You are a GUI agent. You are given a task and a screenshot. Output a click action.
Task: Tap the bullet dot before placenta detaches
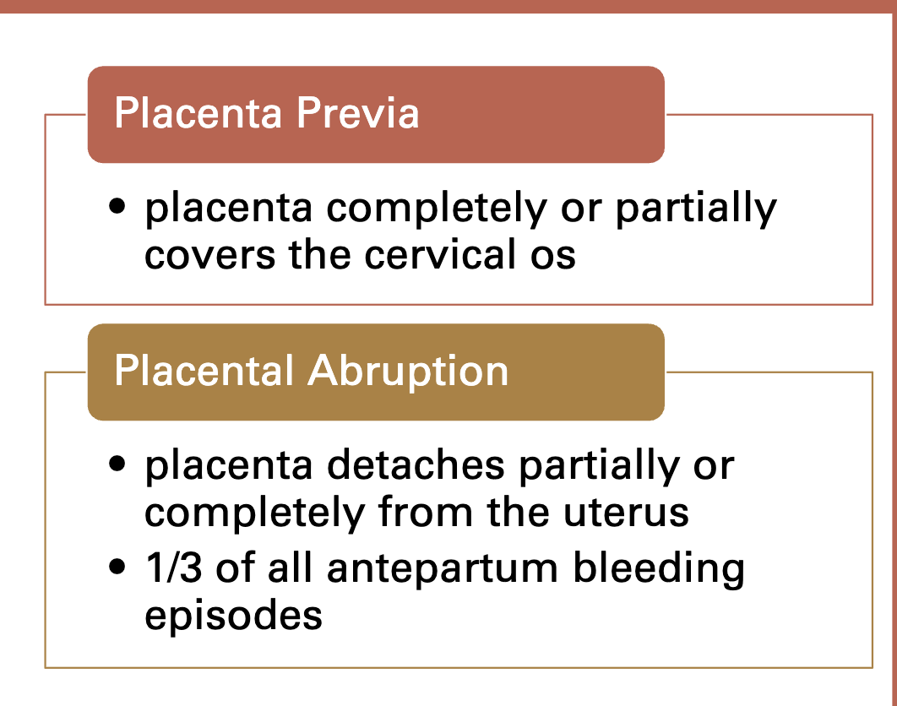[119, 464]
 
